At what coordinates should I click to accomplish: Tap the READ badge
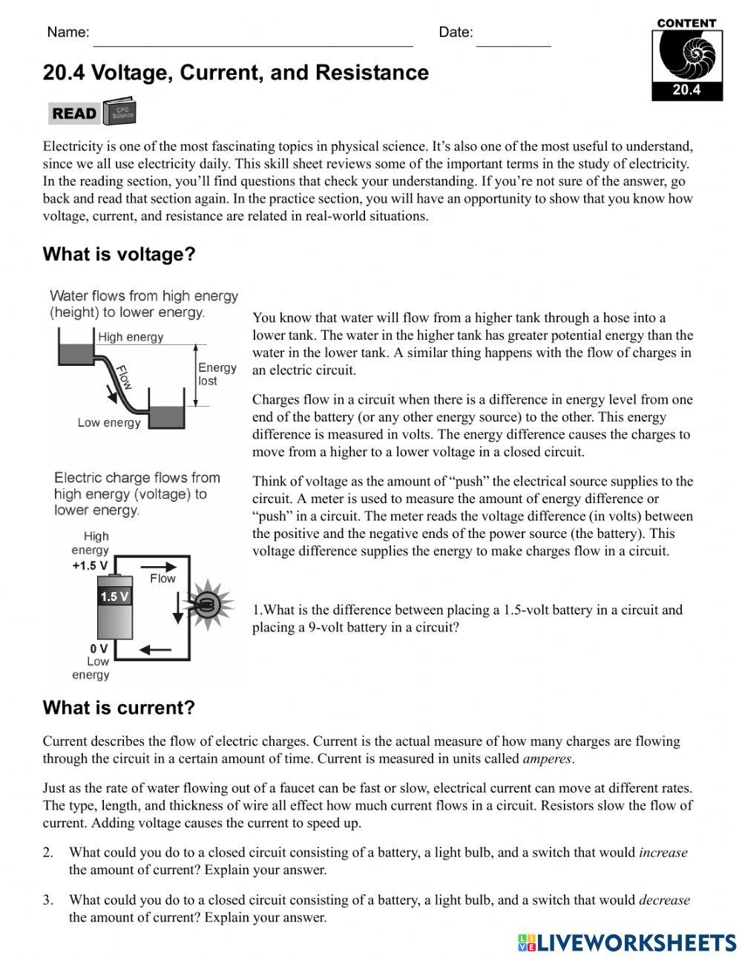coord(74,114)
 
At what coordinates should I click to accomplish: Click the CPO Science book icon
coord(120,112)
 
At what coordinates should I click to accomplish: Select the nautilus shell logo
coord(686,56)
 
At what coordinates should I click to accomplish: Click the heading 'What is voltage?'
coord(119,255)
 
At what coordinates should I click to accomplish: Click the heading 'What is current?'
coord(119,707)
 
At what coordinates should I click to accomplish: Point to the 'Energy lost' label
coord(217,374)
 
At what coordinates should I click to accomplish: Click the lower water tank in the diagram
coord(167,416)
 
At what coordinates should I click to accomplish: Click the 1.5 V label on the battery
coord(114,597)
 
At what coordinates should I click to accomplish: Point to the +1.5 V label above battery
coord(90,565)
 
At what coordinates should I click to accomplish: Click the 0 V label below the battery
coord(99,648)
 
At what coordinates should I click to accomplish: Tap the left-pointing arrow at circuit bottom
coord(157,651)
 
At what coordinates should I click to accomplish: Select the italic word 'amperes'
coord(548,758)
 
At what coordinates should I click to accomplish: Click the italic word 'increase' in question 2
coord(663,853)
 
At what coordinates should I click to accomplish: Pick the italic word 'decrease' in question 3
coord(664,900)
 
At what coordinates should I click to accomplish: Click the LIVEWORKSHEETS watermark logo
coord(627,942)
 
